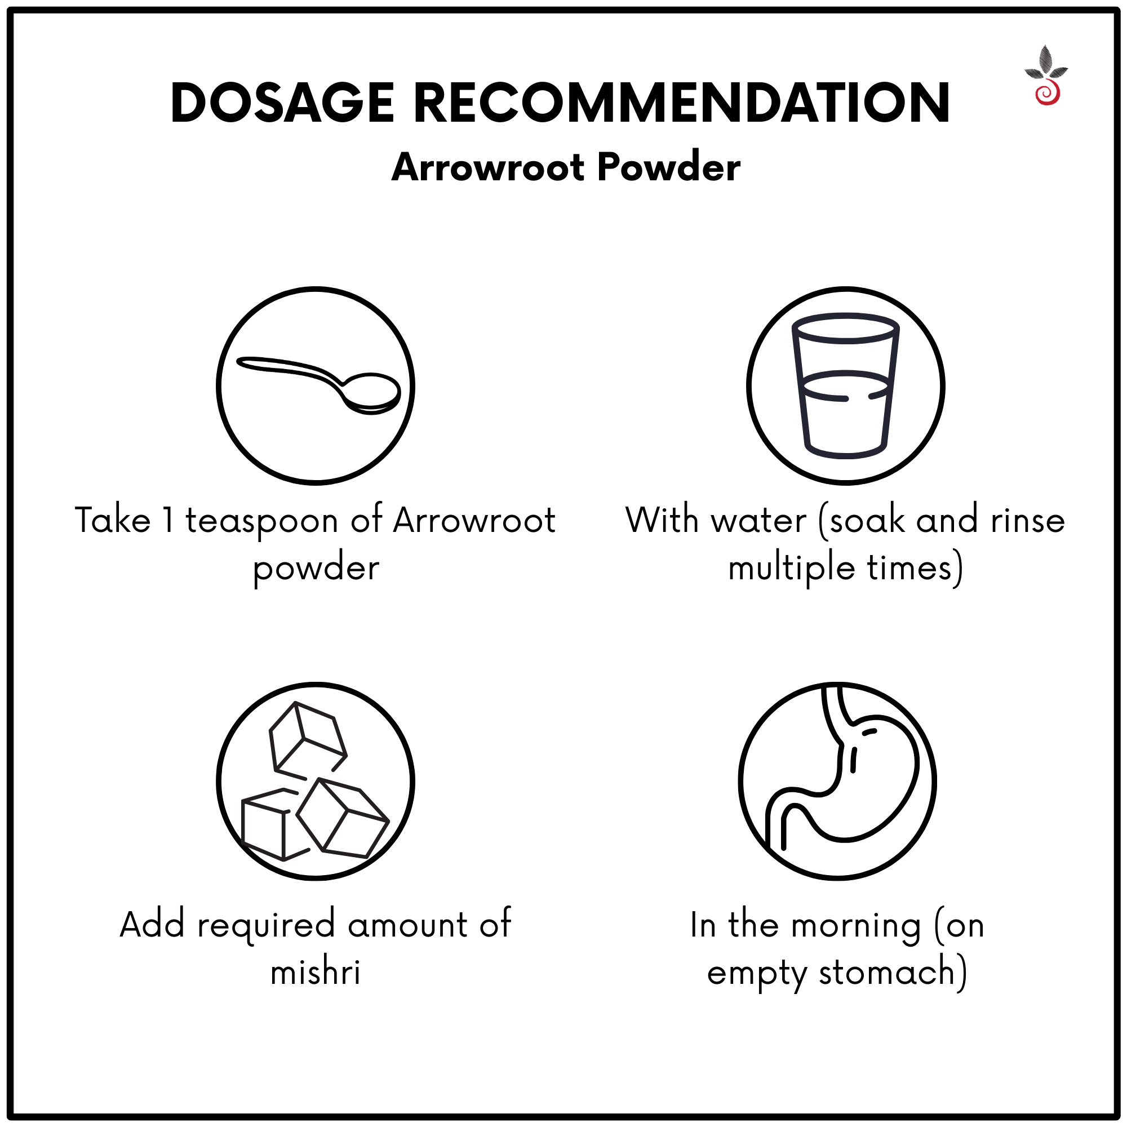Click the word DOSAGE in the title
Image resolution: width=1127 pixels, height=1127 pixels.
(x=282, y=103)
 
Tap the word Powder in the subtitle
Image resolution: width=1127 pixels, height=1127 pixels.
(x=669, y=167)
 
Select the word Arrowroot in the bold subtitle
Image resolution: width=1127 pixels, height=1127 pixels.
(x=488, y=167)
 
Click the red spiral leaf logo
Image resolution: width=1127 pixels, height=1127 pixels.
(x=1046, y=76)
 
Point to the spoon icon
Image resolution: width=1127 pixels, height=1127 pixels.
(x=318, y=385)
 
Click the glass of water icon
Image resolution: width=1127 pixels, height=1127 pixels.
(x=845, y=385)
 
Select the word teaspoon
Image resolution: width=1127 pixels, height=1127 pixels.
(x=262, y=521)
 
